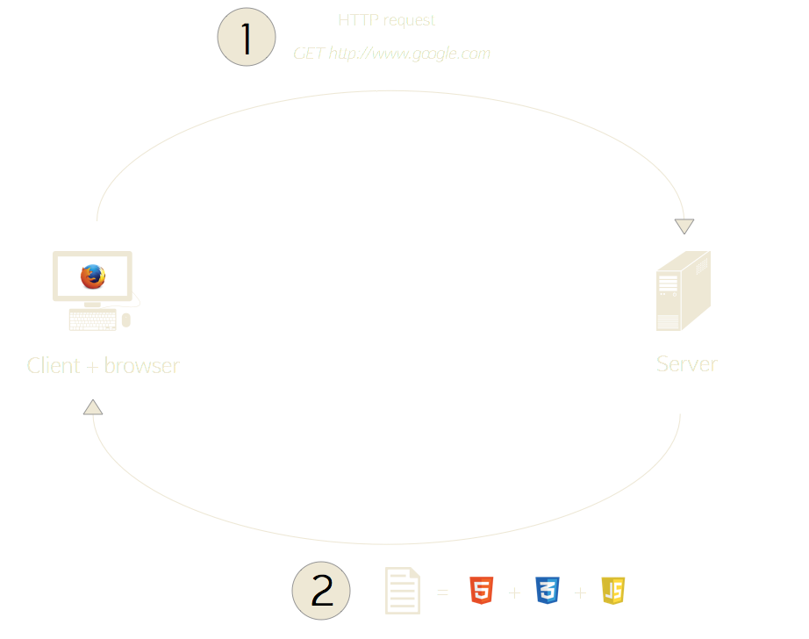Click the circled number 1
(x=247, y=39)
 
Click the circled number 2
(x=321, y=592)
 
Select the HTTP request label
(x=387, y=20)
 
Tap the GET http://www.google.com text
(x=391, y=54)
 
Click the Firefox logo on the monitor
(x=92, y=276)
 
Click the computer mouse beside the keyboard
(x=126, y=319)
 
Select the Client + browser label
(x=104, y=365)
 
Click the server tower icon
(x=683, y=291)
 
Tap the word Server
(x=687, y=363)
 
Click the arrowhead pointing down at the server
(x=684, y=226)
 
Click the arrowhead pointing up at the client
(x=93, y=407)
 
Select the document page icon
(x=403, y=591)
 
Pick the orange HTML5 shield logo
(x=481, y=591)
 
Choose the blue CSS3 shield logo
(x=547, y=591)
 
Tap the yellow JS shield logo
(x=612, y=591)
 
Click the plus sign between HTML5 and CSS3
(x=514, y=593)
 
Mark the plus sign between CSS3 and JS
(x=580, y=593)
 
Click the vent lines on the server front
(x=669, y=284)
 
